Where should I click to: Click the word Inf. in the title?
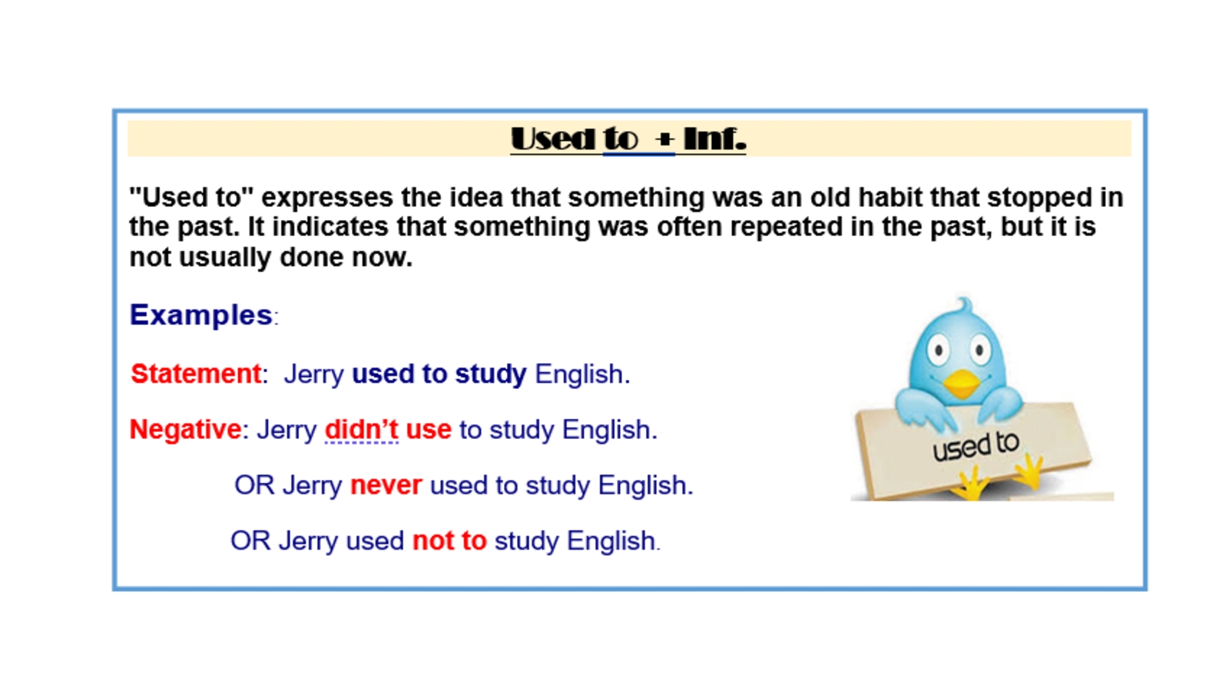(715, 138)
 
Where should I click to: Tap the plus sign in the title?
(664, 139)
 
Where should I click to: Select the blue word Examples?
(200, 315)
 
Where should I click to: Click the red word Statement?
(196, 374)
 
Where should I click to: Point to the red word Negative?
(185, 430)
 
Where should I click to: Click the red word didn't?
(362, 430)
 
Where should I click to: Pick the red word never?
(386, 485)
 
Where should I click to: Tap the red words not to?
(449, 541)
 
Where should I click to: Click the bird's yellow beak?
(961, 384)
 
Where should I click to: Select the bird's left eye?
(939, 350)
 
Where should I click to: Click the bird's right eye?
(979, 349)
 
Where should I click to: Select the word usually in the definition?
(225, 257)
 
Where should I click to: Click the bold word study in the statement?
(491, 374)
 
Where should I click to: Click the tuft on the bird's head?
(964, 305)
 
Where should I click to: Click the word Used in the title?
(552, 138)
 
